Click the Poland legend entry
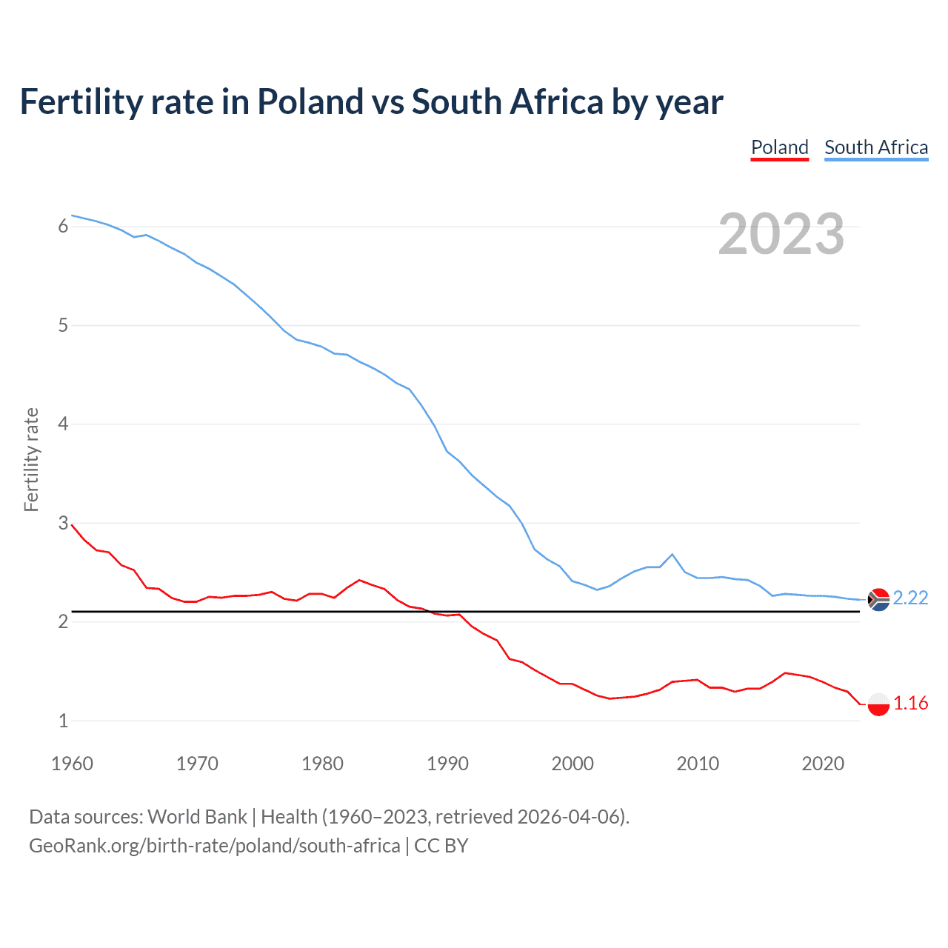(779, 147)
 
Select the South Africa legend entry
(876, 147)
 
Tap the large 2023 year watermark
(781, 234)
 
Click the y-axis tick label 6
(63, 227)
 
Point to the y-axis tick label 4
(63, 424)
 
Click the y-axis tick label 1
(63, 721)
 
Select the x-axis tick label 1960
(72, 764)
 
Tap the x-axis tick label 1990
(447, 764)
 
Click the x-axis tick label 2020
(823, 764)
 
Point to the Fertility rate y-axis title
(31, 459)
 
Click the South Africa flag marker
(878, 599)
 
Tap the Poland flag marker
(878, 704)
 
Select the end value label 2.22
(910, 598)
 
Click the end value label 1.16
(910, 703)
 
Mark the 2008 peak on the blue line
(672, 554)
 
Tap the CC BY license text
(441, 846)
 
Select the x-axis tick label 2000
(573, 764)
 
